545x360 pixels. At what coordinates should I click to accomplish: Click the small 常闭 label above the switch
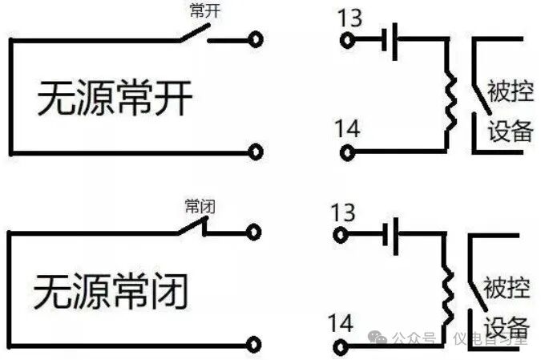click(x=200, y=205)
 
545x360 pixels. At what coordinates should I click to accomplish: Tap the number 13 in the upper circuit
click(x=349, y=18)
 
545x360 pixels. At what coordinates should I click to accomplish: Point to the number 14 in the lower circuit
click(x=340, y=323)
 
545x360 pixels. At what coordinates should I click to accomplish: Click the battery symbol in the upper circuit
click(x=391, y=39)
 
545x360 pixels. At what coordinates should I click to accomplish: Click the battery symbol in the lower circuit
click(x=390, y=234)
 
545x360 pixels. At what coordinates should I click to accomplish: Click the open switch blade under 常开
click(x=192, y=32)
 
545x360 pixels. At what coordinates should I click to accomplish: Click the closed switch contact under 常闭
click(x=192, y=228)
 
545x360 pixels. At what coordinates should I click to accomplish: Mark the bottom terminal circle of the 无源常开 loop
click(x=256, y=149)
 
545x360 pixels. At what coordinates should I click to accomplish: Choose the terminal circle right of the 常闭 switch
click(x=255, y=233)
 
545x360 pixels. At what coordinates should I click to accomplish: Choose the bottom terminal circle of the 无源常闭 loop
click(x=255, y=344)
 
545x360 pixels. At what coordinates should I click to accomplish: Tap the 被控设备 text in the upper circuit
click(x=510, y=111)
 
